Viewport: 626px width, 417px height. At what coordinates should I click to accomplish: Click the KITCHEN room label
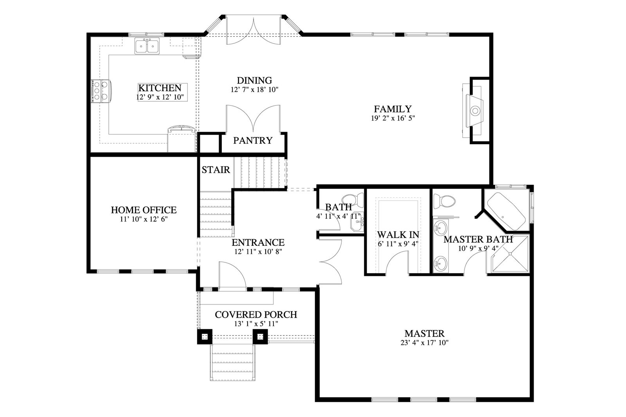click(x=160, y=88)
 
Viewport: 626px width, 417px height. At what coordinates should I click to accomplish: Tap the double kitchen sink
click(x=147, y=46)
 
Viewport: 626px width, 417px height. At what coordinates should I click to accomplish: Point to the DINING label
click(x=254, y=81)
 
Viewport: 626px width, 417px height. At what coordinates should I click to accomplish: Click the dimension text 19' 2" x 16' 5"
click(x=393, y=118)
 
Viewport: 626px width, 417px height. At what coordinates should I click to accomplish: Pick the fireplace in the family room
click(x=475, y=111)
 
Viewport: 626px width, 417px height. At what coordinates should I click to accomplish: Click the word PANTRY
click(x=253, y=140)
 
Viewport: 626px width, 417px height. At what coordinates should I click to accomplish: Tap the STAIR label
click(x=216, y=170)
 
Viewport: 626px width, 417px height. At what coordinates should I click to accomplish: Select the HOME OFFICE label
click(x=144, y=210)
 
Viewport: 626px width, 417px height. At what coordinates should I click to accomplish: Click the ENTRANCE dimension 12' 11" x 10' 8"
click(x=258, y=252)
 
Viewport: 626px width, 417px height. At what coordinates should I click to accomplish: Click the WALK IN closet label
click(x=398, y=234)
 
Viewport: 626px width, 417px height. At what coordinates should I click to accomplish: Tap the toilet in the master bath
click(x=444, y=201)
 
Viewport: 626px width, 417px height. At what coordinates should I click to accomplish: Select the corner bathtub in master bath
click(x=506, y=211)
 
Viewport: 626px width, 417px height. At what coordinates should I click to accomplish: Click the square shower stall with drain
click(x=510, y=254)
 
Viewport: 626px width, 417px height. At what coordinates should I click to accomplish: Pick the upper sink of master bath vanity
click(x=441, y=227)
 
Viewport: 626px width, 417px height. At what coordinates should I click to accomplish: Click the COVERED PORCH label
click(x=256, y=315)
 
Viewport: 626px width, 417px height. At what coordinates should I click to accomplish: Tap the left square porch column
click(x=205, y=336)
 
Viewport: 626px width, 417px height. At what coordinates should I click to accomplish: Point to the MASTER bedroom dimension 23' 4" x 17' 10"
click(x=424, y=343)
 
